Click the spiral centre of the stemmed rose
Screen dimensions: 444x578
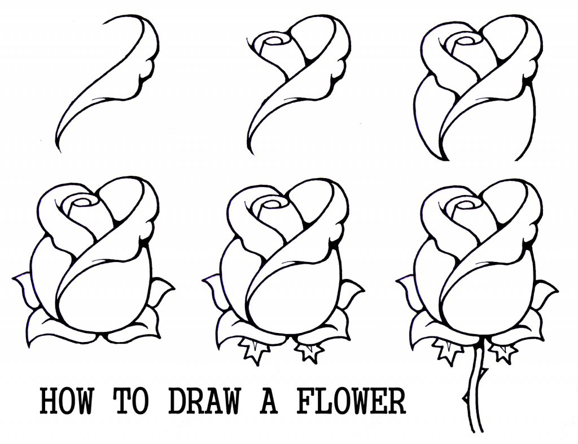(x=467, y=202)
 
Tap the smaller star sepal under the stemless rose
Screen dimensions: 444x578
(x=309, y=350)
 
